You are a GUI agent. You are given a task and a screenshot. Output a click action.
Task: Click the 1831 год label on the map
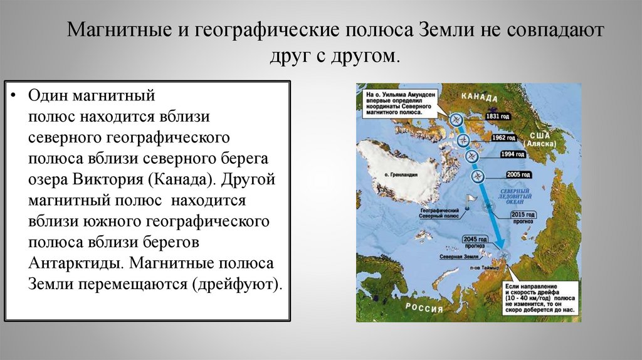tap(498, 117)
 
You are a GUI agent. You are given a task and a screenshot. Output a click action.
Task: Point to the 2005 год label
tap(518, 174)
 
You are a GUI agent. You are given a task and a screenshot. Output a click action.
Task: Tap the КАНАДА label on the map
tap(480, 98)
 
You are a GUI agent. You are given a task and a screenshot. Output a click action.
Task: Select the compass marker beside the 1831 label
tap(456, 118)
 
